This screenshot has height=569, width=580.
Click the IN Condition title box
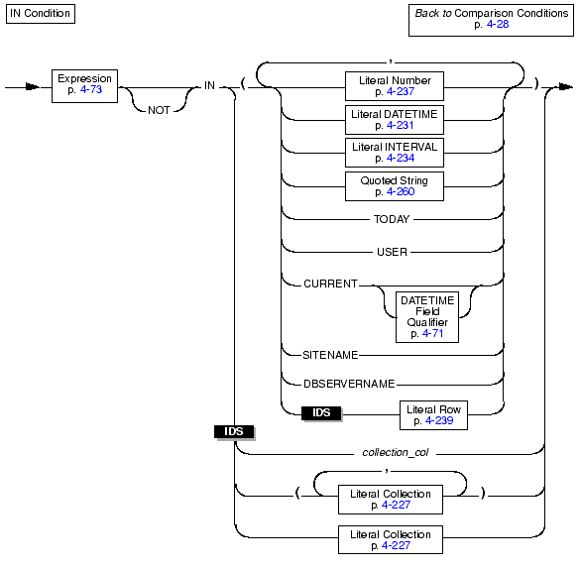41,14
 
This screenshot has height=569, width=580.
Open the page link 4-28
498,25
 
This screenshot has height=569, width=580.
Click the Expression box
84,86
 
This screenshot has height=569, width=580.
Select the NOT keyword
159,110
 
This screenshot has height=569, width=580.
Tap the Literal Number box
395,86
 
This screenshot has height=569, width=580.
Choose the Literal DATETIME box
395,120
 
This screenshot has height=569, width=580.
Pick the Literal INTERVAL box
395,153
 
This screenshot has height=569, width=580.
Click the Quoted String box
395,186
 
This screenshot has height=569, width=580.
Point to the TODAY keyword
392,219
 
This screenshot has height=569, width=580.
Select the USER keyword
392,252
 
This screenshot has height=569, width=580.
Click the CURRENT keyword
330,284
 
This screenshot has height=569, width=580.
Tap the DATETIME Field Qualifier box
427,317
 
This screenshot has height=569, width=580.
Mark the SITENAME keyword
330,355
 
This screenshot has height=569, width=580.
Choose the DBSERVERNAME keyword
349,385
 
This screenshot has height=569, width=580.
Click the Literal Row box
433,415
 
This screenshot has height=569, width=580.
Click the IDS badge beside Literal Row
321,413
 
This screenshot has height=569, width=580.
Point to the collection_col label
396,453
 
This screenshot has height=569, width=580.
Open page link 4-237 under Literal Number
401,91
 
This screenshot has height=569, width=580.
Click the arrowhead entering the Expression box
33,87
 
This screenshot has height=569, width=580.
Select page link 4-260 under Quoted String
401,192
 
